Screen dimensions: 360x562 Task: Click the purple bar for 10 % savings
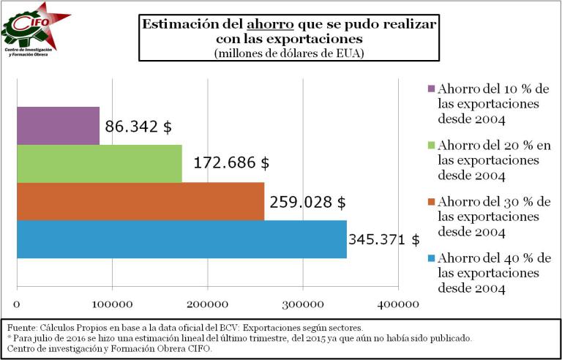(x=57, y=125)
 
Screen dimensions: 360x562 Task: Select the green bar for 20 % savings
(x=99, y=163)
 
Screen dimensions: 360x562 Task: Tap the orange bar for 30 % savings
(x=140, y=201)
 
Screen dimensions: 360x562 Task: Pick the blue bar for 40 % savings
(x=181, y=239)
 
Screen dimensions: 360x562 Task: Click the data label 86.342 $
(x=138, y=127)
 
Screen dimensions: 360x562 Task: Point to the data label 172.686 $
(x=231, y=162)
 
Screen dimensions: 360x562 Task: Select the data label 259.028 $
(x=307, y=201)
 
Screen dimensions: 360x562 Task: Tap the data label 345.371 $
(x=383, y=239)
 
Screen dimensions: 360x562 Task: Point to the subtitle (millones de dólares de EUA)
(x=289, y=53)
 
